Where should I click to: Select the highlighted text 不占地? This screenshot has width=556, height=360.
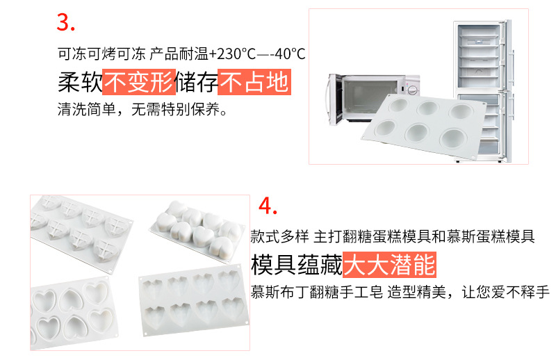[254, 83]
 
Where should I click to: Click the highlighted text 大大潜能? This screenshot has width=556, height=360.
[390, 264]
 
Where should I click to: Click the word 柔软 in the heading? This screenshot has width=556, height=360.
[79, 83]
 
